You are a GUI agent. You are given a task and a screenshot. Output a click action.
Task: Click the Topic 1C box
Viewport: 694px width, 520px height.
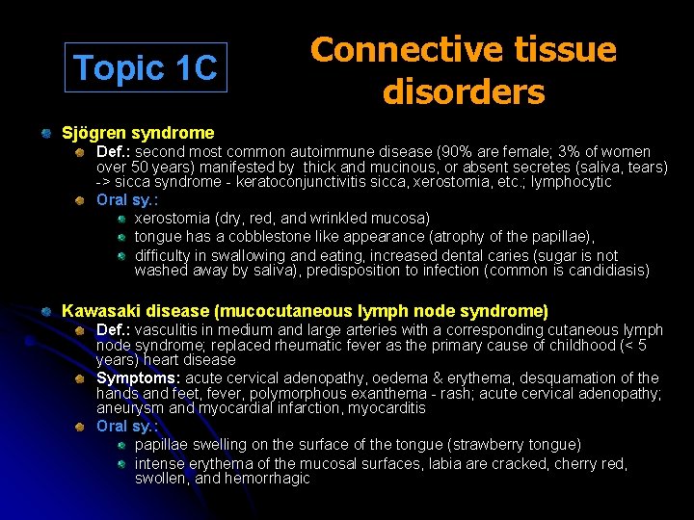(146, 67)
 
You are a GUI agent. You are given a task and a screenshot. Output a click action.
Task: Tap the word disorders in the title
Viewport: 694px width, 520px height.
(463, 92)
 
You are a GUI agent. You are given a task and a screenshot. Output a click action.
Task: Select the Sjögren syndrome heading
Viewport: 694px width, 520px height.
(138, 132)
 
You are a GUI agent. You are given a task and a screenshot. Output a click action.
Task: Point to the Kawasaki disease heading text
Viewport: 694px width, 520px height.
(305, 311)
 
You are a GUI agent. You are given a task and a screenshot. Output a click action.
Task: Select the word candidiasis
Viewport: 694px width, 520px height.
(604, 271)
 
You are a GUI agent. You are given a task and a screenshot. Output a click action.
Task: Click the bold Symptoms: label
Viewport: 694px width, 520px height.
(139, 377)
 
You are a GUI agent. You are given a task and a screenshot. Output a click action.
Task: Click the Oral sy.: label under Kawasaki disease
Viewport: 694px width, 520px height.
(127, 426)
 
